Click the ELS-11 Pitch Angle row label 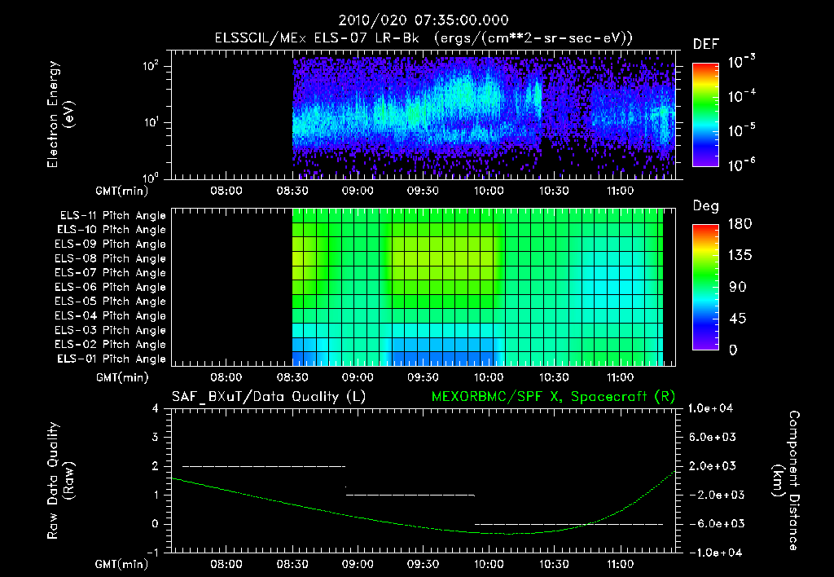[x=112, y=216]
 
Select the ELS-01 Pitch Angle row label [x=112, y=359]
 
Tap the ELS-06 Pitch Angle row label [x=112, y=288]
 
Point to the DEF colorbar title [x=705, y=45]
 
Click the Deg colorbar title [x=705, y=206]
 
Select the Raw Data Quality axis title [x=61, y=480]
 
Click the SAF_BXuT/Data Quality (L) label [x=257, y=397]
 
